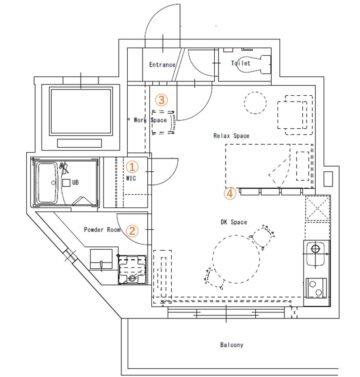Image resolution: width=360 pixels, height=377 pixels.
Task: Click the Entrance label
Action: [x=162, y=65]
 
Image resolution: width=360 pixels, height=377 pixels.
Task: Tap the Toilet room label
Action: [x=241, y=63]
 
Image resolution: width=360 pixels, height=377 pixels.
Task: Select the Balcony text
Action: [x=231, y=345]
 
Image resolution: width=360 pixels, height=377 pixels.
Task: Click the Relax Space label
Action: [x=231, y=136]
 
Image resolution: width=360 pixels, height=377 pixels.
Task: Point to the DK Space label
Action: [x=234, y=222]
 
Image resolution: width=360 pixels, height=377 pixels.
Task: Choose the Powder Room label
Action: [x=102, y=230]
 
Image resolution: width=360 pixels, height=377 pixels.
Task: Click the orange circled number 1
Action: [x=132, y=167]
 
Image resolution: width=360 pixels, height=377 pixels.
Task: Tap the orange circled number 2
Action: [x=132, y=230]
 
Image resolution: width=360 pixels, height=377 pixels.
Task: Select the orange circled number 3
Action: [x=161, y=99]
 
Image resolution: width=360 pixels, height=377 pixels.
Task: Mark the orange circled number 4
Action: [x=230, y=193]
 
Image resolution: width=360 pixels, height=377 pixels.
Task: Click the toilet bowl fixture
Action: [x=257, y=64]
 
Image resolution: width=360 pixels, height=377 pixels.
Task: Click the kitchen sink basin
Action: [x=316, y=254]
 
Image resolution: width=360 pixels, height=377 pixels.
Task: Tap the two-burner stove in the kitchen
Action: [x=316, y=288]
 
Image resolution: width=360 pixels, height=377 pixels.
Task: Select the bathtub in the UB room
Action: [x=47, y=183]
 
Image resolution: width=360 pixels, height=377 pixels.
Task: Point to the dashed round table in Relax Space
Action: [x=255, y=103]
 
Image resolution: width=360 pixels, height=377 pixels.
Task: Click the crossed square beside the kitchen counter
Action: [x=318, y=208]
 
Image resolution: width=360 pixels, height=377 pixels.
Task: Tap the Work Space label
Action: [x=150, y=120]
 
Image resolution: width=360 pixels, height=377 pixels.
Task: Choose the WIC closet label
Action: [x=131, y=178]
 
